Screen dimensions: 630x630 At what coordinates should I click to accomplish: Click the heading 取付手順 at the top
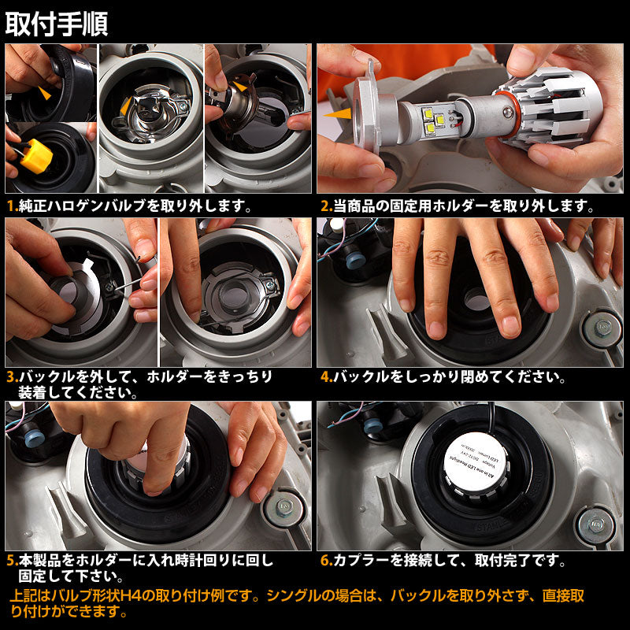pos(57,24)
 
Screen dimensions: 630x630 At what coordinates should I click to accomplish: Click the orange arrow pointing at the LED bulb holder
pos(341,114)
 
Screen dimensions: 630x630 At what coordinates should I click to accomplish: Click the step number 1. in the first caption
pos(12,206)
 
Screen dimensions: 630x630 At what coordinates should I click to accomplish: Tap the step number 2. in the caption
pos(326,206)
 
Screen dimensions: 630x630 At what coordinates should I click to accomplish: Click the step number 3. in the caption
pos(12,376)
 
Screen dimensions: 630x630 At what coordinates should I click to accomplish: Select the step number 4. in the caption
pos(326,376)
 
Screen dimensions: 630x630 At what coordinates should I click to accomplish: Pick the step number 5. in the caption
pos(12,561)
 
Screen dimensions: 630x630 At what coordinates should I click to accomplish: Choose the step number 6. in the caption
pos(326,561)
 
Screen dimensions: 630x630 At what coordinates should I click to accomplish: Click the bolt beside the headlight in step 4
pos(603,325)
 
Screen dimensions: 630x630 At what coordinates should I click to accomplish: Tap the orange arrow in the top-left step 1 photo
pos(44,93)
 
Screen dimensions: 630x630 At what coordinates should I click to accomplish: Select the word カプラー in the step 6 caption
pos(359,561)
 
